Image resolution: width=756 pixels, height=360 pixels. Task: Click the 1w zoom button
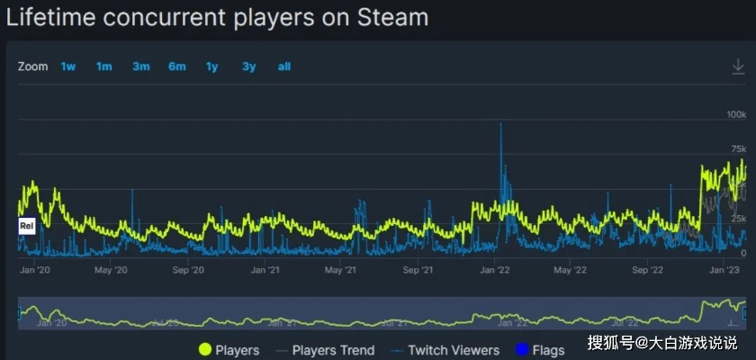pyautogui.click(x=68, y=67)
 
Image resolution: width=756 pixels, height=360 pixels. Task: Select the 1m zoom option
pyautogui.click(x=104, y=67)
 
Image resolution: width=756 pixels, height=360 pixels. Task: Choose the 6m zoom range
pyautogui.click(x=176, y=67)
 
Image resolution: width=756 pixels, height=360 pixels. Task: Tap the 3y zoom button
pyautogui.click(x=248, y=67)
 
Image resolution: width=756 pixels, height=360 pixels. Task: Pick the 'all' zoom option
pyautogui.click(x=284, y=67)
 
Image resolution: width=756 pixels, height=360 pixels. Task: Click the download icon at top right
pyautogui.click(x=738, y=67)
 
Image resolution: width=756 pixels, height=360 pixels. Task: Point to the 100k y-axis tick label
pyautogui.click(x=736, y=115)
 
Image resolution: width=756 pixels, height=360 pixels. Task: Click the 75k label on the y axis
pyautogui.click(x=738, y=148)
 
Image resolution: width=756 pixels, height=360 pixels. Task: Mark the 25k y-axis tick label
pyautogui.click(x=738, y=219)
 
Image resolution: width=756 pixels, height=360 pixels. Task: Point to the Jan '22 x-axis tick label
pyautogui.click(x=496, y=269)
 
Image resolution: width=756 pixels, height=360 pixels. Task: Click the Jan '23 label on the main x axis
pyautogui.click(x=725, y=269)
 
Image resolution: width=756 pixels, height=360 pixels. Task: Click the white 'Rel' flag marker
pyautogui.click(x=26, y=226)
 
